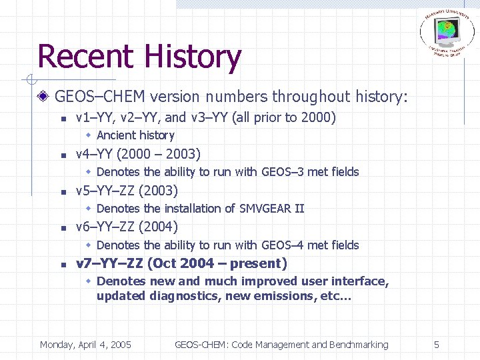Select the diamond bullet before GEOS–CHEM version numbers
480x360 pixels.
(x=43, y=97)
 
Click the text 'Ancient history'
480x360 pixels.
(x=135, y=135)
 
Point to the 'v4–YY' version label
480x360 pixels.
(x=94, y=154)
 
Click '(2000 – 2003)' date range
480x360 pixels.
(x=158, y=154)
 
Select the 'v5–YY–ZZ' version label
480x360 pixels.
(x=105, y=191)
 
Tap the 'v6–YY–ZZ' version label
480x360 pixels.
(x=105, y=227)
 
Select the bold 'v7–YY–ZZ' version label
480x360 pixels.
(x=109, y=263)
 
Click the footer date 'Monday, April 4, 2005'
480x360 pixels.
(x=85, y=345)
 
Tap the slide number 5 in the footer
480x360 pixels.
(x=436, y=345)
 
